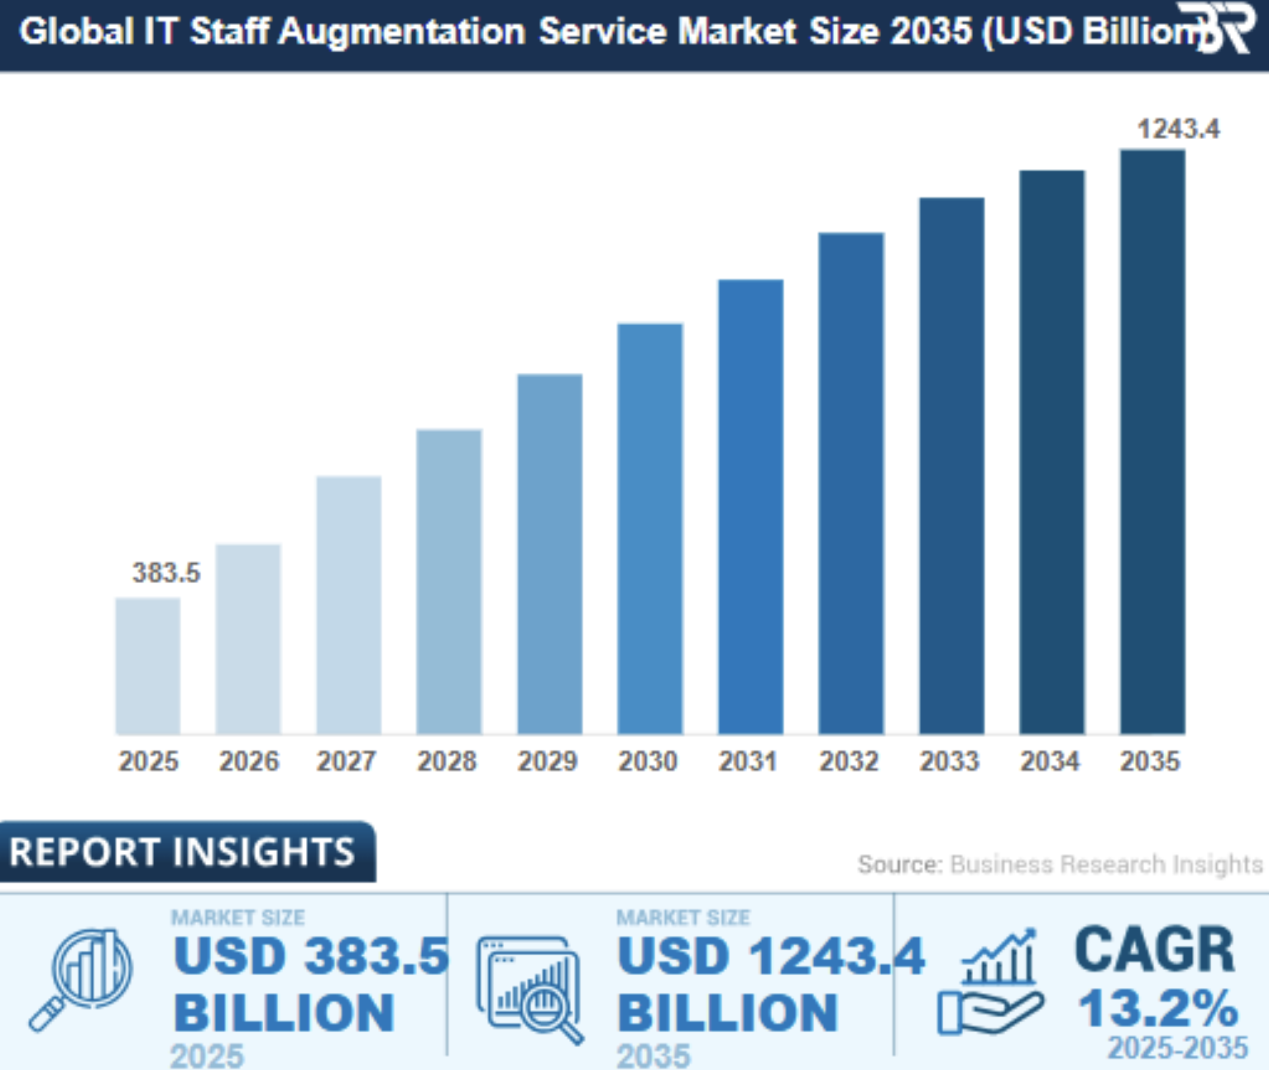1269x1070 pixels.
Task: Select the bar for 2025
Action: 147,666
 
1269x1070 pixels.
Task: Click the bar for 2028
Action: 448,581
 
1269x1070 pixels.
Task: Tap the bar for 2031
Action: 750,506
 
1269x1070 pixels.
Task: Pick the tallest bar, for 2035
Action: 1152,442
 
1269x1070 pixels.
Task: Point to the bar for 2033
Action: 951,466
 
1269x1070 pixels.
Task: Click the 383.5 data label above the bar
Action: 166,572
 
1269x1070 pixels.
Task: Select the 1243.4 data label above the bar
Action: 1177,129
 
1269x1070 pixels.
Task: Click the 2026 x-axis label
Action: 248,761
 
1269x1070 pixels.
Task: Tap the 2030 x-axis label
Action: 648,761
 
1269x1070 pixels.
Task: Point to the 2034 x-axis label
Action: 1050,761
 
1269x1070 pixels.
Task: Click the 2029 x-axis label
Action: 548,761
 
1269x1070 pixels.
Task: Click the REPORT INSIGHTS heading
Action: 182,852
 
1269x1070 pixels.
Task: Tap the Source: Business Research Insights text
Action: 1060,864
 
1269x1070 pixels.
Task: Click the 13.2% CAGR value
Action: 1158,1009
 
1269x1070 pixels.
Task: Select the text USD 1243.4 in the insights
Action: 770,957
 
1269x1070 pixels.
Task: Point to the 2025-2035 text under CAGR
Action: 1177,1049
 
